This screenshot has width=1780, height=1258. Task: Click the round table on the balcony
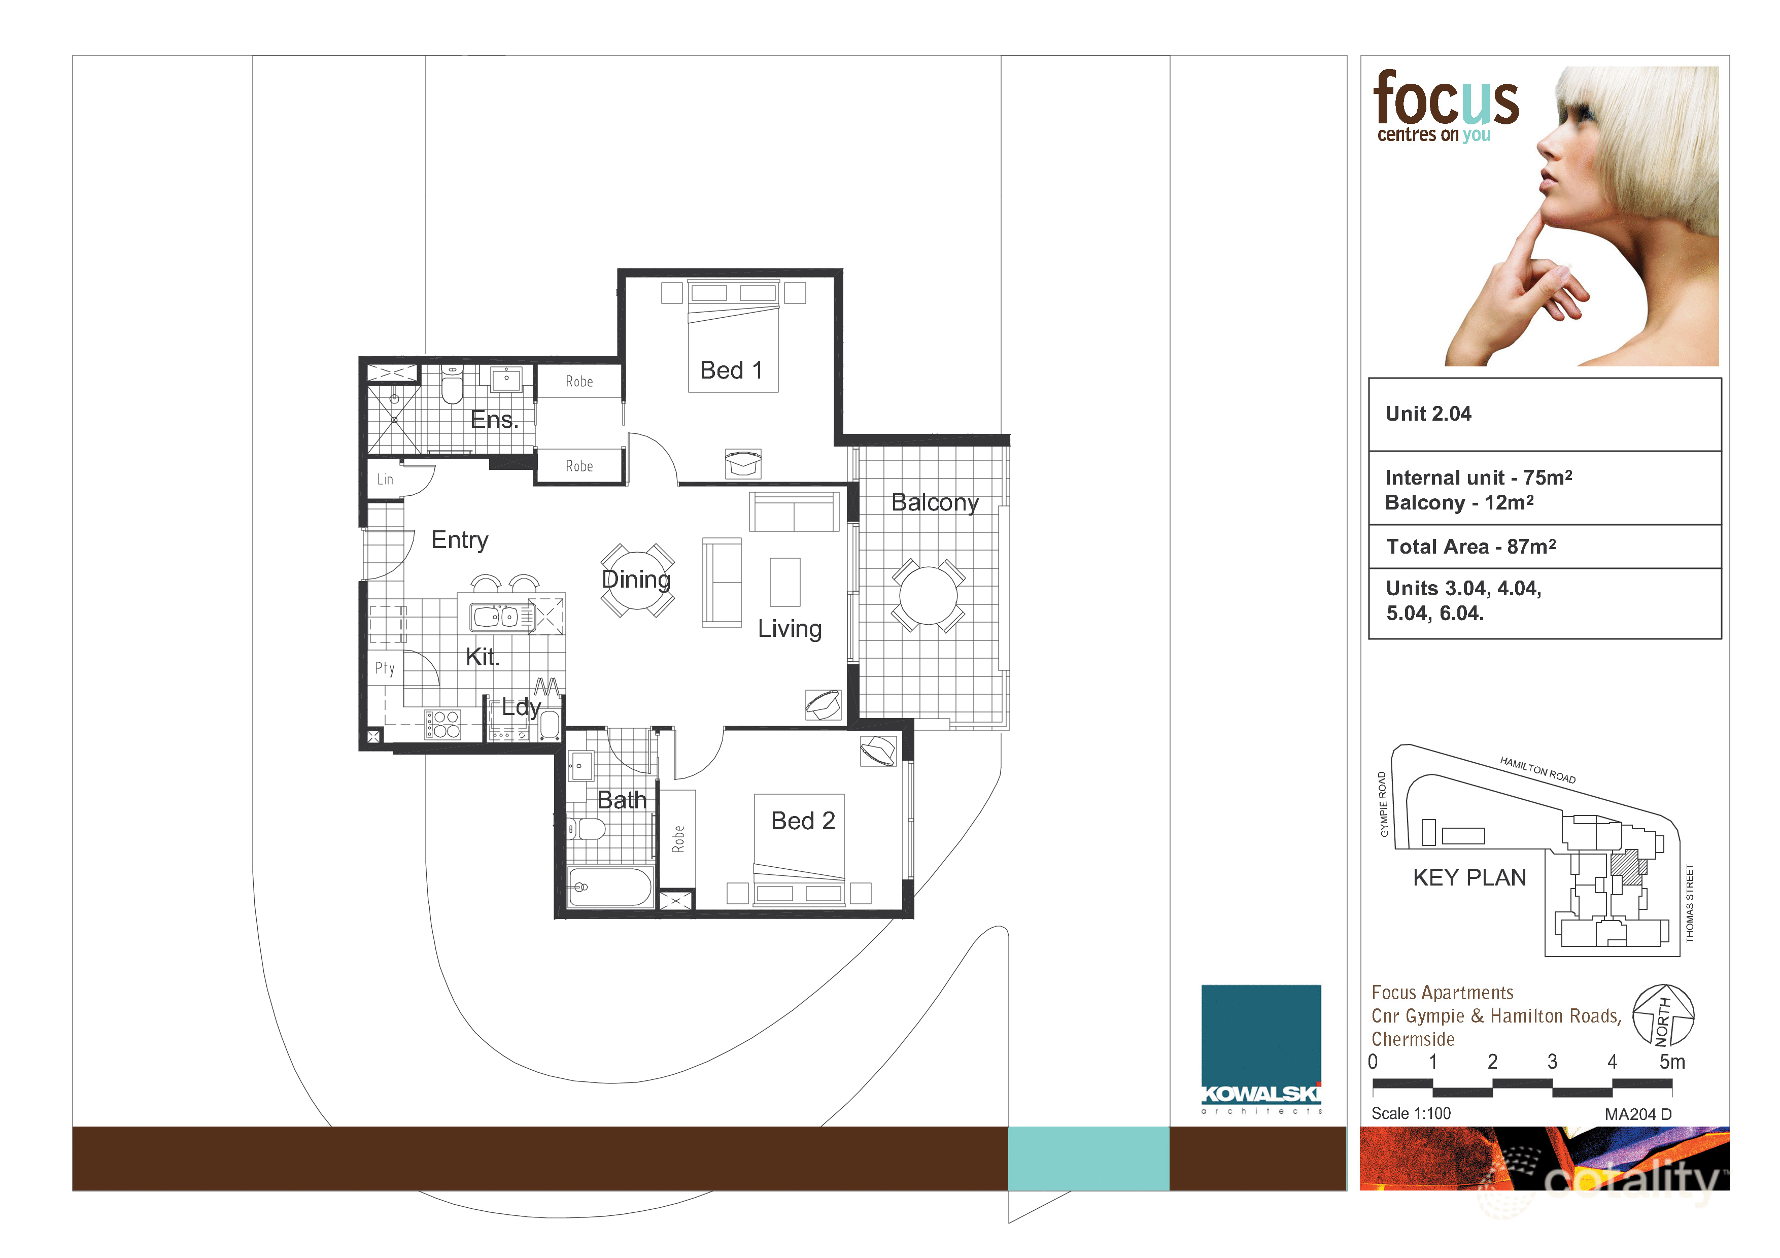coord(928,595)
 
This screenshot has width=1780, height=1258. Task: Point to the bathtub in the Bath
coord(610,887)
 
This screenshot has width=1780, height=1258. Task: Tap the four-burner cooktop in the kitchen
coord(442,724)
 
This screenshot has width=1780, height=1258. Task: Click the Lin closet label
coord(385,479)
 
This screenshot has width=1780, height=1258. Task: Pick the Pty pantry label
coord(385,668)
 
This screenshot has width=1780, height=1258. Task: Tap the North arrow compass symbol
coord(1663,1014)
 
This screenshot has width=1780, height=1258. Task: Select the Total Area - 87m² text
coord(1470,547)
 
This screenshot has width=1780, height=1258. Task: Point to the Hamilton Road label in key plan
coord(1537,770)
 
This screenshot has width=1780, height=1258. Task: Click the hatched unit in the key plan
coord(1626,867)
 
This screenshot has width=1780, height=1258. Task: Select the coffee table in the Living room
coord(784,582)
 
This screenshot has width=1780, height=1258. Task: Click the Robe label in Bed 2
coord(678,839)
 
